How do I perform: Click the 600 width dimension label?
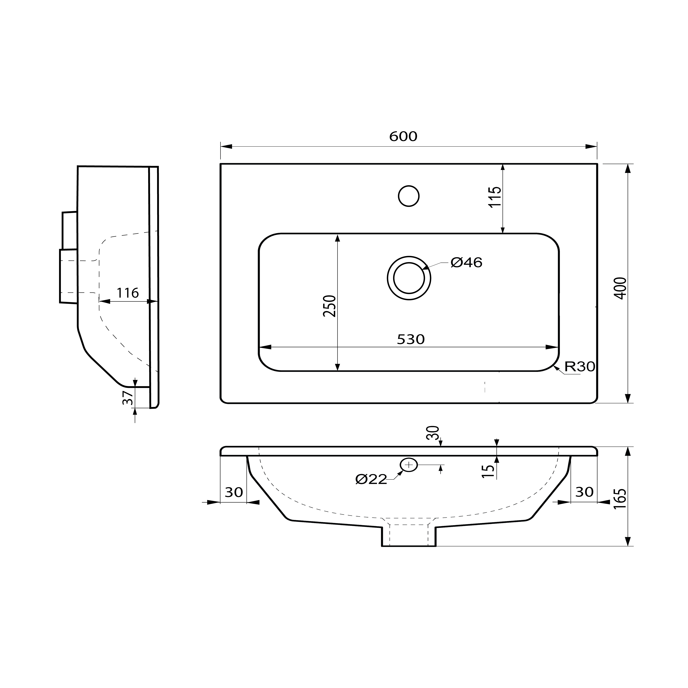coord(403,136)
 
